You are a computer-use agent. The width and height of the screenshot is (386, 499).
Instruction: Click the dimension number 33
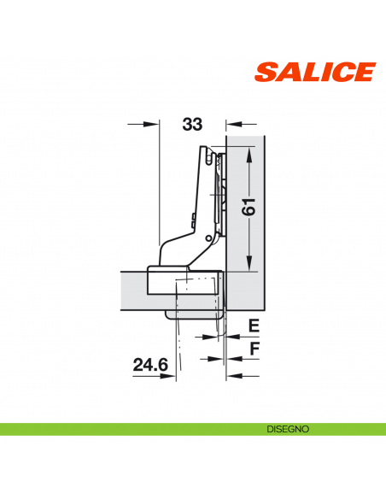(192, 125)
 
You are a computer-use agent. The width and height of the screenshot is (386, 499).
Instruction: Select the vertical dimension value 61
(249, 208)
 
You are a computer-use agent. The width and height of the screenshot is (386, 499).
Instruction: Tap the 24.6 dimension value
(150, 365)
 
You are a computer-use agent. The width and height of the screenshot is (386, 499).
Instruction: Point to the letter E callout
(253, 326)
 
